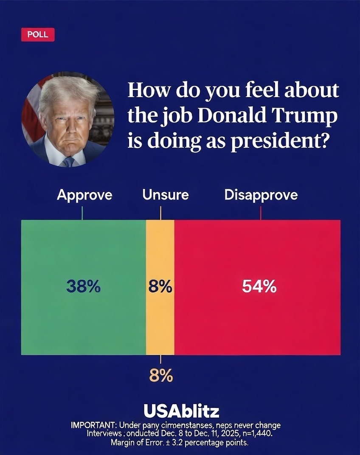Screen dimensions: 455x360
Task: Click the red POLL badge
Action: click(38, 35)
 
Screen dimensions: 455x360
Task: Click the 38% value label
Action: click(83, 287)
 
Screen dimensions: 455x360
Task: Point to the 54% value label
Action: click(259, 287)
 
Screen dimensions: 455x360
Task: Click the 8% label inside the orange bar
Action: click(160, 288)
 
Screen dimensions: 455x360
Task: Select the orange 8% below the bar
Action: click(160, 376)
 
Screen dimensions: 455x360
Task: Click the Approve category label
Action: click(84, 195)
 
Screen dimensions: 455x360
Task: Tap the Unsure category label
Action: click(166, 195)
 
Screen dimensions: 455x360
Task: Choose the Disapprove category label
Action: click(261, 195)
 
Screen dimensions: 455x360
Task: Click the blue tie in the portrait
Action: click(68, 161)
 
